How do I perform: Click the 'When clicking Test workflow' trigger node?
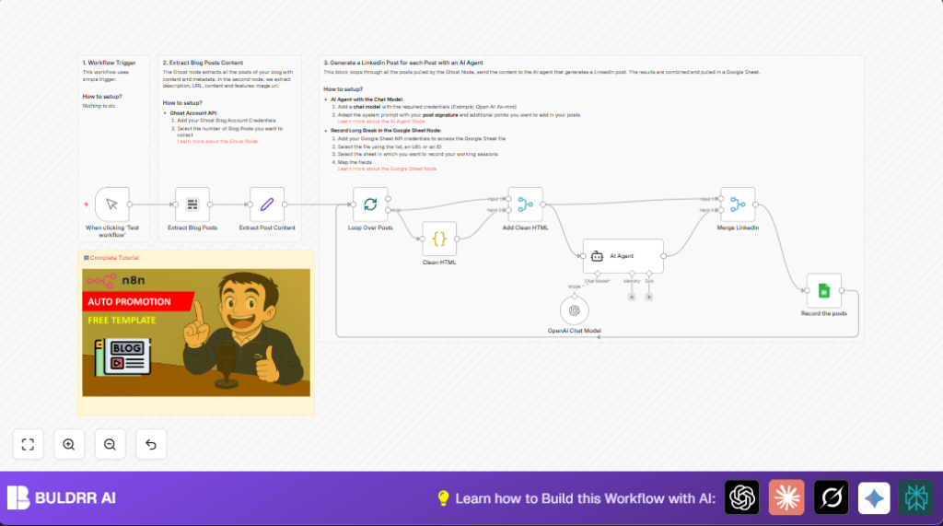(x=111, y=205)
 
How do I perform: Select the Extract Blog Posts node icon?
(x=192, y=205)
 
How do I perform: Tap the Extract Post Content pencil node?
(x=267, y=205)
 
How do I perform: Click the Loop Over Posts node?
(x=370, y=205)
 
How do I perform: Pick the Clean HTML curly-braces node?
(x=439, y=239)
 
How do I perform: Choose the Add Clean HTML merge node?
(x=525, y=205)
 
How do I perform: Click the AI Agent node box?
(x=623, y=255)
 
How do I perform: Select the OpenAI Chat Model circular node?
(x=574, y=311)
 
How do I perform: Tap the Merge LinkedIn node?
(x=738, y=205)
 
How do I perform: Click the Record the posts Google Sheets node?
(x=823, y=290)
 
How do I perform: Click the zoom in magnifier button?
(x=69, y=444)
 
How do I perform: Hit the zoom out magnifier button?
(x=110, y=444)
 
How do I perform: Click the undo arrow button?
(x=151, y=444)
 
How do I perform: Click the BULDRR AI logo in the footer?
(x=61, y=498)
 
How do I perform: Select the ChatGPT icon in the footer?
(x=741, y=497)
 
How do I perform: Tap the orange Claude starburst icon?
(x=786, y=497)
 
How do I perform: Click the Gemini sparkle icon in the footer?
(x=874, y=497)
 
